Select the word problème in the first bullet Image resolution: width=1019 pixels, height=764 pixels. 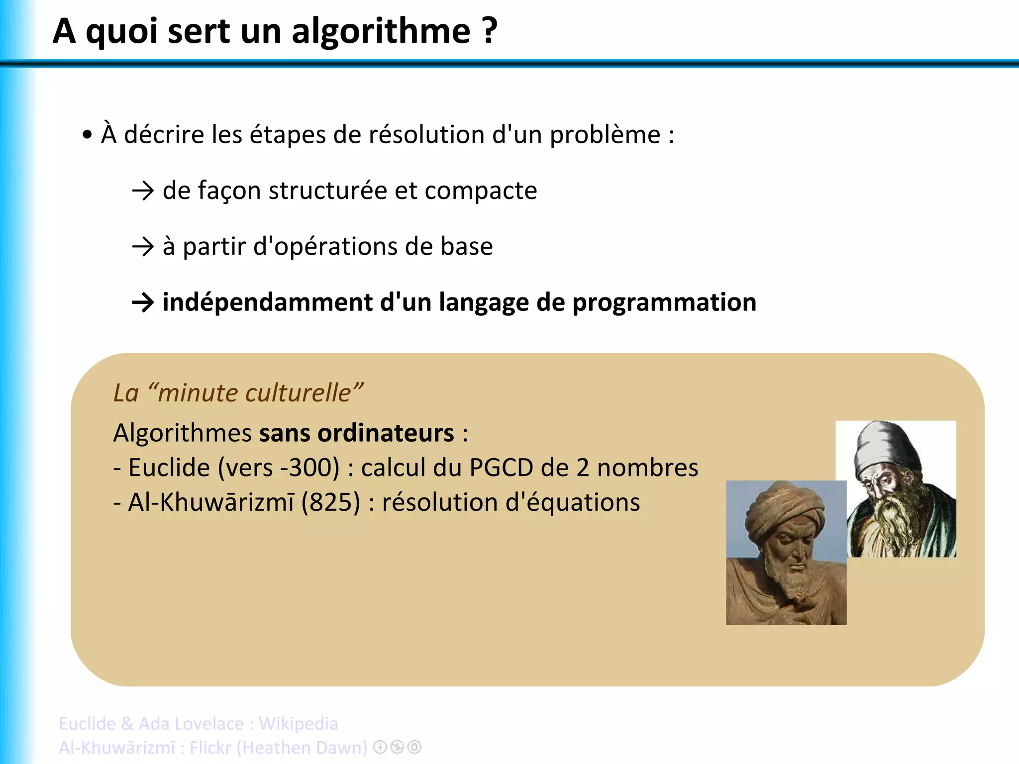coord(605,135)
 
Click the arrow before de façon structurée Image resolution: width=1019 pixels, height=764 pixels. coord(143,191)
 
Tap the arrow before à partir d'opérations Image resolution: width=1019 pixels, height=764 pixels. coord(143,247)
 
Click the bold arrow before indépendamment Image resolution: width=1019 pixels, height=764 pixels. coord(143,302)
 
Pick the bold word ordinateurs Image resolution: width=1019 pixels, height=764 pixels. coord(386,433)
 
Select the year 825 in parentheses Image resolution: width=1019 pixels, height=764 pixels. coord(330,502)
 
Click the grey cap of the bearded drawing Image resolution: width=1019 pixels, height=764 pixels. coord(886,445)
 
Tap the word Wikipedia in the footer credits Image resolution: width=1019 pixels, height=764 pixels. coord(298,724)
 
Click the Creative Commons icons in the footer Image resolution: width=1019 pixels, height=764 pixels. coord(397,747)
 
